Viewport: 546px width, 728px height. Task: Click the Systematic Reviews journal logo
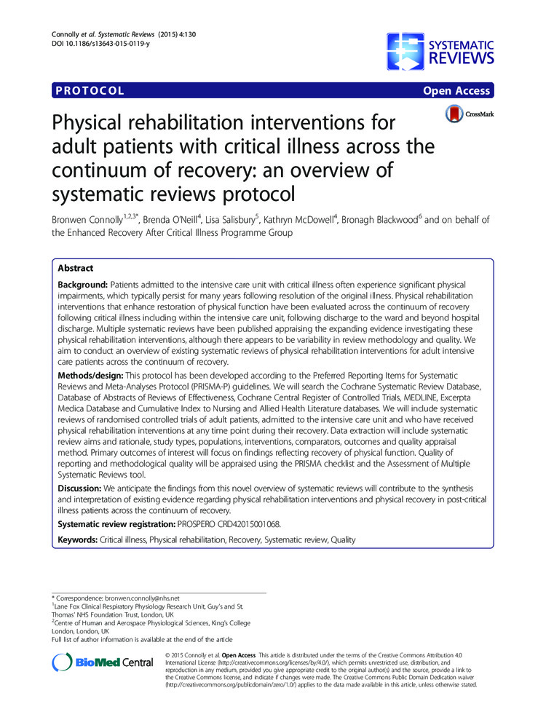click(440, 51)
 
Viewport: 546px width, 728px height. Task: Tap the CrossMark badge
click(466, 114)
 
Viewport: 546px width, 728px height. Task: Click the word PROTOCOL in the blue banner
click(89, 91)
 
